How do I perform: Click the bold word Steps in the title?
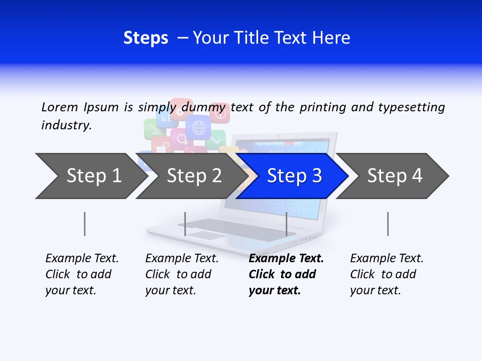pos(146,38)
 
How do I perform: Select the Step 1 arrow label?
pos(94,176)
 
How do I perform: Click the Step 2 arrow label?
pos(194,176)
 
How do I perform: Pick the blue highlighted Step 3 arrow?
pos(294,176)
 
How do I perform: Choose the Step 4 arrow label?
pos(395,176)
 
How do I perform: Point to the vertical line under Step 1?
pos(85,224)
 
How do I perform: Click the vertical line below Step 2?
pos(185,224)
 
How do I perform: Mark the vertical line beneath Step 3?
pos(286,224)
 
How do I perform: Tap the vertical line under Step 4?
pos(388,224)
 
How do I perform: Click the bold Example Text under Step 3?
pos(286,259)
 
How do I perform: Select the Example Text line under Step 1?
pos(82,259)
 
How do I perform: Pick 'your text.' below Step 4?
pos(375,290)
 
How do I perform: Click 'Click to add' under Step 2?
pos(178,274)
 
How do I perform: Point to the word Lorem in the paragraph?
pos(60,107)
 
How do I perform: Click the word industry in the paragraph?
pos(66,125)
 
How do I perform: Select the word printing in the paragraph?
pos(323,107)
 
